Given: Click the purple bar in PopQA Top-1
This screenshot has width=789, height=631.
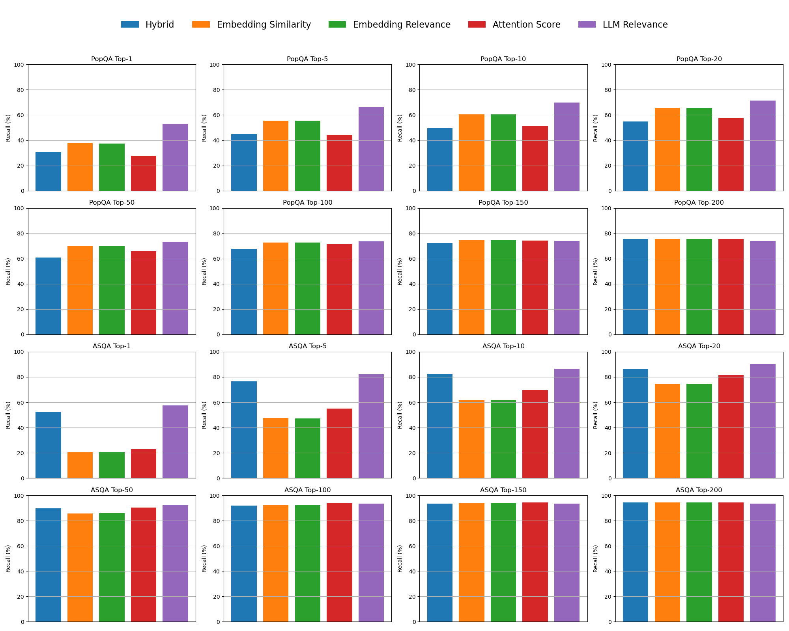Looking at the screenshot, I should coord(175,157).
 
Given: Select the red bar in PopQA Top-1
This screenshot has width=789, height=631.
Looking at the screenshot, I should coord(144,174).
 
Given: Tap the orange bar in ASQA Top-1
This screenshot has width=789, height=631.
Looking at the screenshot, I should coord(80,465).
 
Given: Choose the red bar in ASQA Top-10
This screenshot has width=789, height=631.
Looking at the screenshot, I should coord(535,434).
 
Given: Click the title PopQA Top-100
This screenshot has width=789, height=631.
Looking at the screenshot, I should coord(308,203).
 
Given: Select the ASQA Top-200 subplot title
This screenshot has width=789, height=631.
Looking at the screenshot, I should coord(699,490).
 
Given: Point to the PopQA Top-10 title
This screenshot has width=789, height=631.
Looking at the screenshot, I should coord(503,59).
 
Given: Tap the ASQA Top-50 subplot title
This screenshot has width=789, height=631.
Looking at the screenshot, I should coord(112,490).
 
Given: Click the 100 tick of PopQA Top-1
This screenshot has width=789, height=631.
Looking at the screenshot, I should coord(20,65).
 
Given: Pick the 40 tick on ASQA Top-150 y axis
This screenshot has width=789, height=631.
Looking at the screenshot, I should coord(412,571).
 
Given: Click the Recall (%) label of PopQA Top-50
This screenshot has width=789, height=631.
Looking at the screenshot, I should coord(8,271).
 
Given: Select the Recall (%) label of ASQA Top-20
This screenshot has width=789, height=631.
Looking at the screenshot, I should coord(596,415).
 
